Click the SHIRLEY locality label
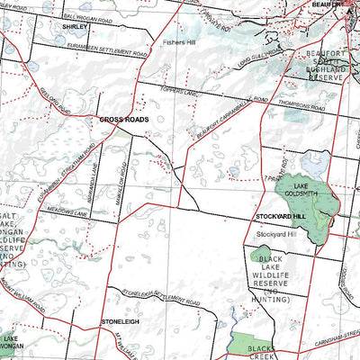[75, 28]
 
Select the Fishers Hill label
[178, 41]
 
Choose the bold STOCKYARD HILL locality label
[281, 218]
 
